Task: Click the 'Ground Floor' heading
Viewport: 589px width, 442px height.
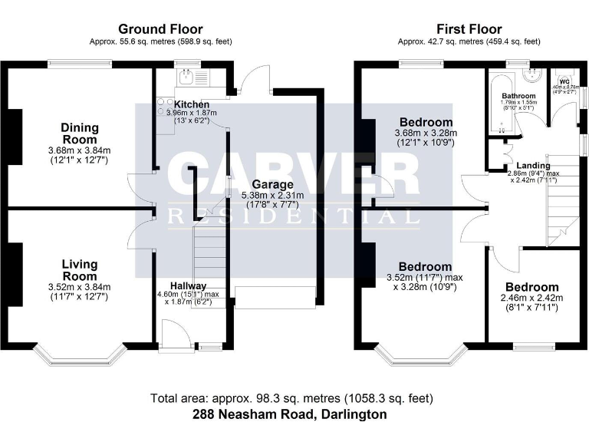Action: (160, 29)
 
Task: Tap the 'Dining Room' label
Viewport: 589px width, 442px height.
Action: (80, 134)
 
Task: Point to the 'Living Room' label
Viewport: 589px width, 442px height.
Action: (80, 270)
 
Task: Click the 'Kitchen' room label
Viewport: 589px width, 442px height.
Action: (191, 104)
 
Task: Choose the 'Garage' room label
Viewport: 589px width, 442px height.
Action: (272, 185)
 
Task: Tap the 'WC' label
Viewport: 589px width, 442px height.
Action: (564, 81)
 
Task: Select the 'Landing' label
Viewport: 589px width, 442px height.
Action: (532, 165)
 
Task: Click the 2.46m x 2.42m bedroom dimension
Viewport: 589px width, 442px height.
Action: (531, 298)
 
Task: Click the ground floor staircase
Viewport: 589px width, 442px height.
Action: (208, 253)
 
